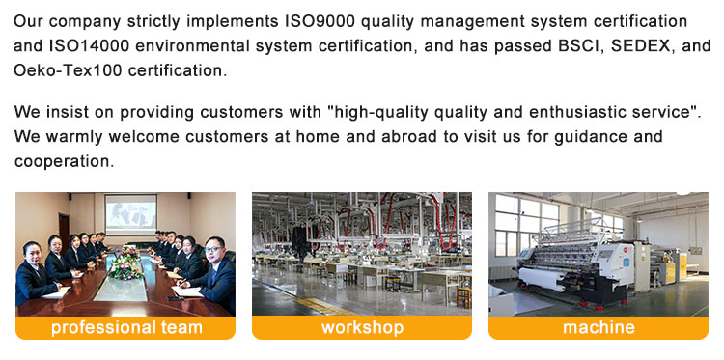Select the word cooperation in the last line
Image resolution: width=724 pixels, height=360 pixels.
click(x=64, y=161)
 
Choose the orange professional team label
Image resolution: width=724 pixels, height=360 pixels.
click(x=125, y=328)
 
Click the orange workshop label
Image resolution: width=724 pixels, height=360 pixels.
click(x=362, y=328)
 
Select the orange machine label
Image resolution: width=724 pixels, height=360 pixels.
click(x=599, y=328)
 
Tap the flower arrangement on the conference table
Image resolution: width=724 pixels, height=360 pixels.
click(x=125, y=264)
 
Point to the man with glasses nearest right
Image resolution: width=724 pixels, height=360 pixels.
click(x=213, y=271)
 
